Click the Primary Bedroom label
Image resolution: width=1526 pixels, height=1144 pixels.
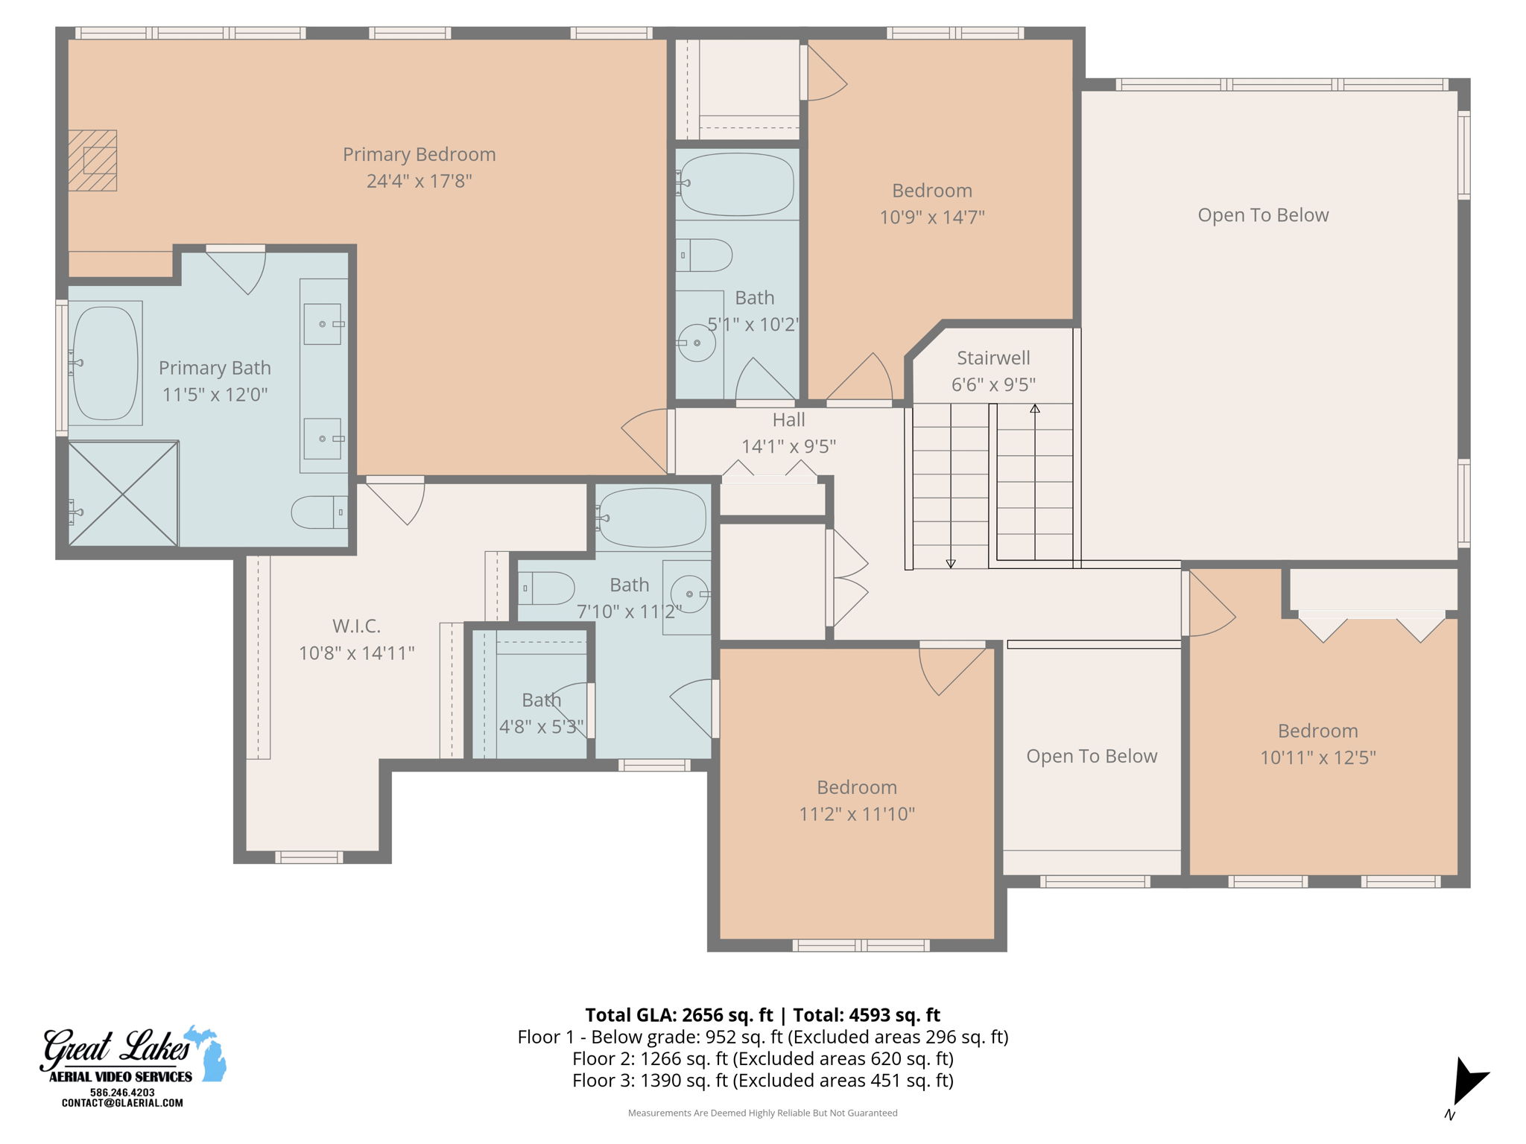tap(419, 154)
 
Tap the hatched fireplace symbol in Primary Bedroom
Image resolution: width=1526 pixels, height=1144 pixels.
tap(93, 161)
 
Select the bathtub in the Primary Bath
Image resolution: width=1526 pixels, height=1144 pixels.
tap(105, 363)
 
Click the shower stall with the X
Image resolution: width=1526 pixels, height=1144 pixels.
tap(123, 493)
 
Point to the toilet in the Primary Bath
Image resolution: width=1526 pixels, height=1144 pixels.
tap(319, 512)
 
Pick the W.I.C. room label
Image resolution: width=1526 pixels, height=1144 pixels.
tap(356, 626)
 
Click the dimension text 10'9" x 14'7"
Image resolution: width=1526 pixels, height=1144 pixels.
tap(932, 217)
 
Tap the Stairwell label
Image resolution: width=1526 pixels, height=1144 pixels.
tap(993, 358)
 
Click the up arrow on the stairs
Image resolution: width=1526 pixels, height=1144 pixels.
tap(1034, 409)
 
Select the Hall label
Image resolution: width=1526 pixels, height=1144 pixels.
tap(788, 420)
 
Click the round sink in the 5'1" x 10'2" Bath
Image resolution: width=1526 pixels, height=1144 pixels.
tap(697, 343)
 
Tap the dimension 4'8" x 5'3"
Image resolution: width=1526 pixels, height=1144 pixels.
tap(541, 727)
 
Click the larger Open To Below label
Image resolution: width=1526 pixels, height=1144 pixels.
tap(1263, 215)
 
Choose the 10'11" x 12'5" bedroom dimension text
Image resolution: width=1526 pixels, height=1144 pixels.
tap(1317, 757)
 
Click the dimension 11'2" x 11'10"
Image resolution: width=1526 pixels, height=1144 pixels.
tap(857, 814)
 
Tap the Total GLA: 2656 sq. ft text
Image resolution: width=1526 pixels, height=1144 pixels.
tap(679, 1015)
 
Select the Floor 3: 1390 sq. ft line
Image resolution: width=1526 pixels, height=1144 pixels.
tap(762, 1080)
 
